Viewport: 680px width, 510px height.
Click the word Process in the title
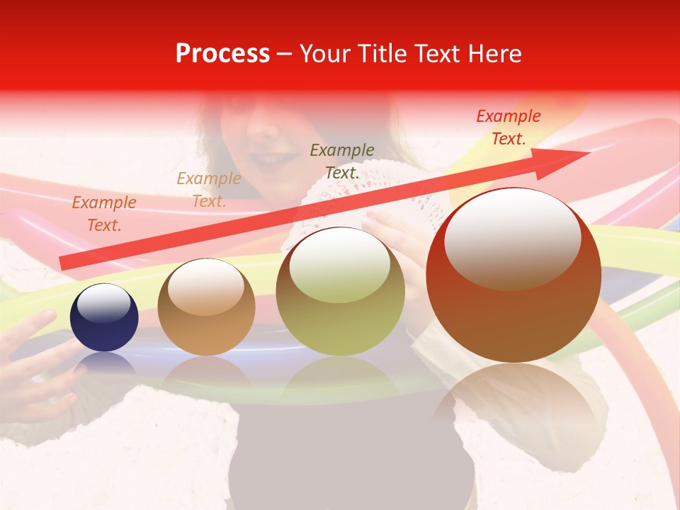pyautogui.click(x=222, y=54)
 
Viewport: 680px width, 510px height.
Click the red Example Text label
pyautogui.click(x=509, y=127)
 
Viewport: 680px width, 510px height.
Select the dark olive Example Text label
pyautogui.click(x=342, y=161)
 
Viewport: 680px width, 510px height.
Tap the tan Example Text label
pyautogui.click(x=209, y=190)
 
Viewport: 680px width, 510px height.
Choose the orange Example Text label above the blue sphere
pyautogui.click(x=104, y=214)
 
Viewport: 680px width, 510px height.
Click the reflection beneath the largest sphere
pyautogui.click(x=514, y=411)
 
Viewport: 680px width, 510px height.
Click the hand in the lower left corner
pyautogui.click(x=35, y=368)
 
